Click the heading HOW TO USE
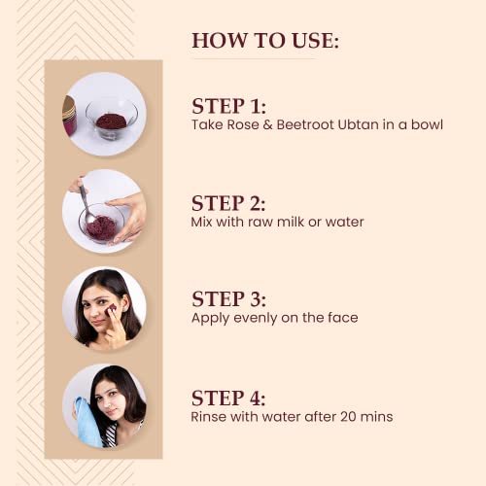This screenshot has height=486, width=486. tap(265, 41)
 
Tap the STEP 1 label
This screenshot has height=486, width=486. tap(228, 106)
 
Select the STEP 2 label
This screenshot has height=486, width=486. tap(228, 203)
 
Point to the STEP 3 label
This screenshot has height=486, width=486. tap(228, 298)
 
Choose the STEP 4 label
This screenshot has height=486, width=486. tap(228, 398)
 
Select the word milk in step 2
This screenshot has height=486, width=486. tap(291, 222)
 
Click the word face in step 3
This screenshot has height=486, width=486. tap(343, 318)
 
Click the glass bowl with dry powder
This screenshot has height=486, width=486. tap(112, 119)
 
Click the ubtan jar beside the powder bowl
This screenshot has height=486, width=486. tap(69, 116)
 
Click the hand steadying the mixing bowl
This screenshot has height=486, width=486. tap(126, 217)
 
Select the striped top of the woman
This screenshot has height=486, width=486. tap(110, 435)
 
